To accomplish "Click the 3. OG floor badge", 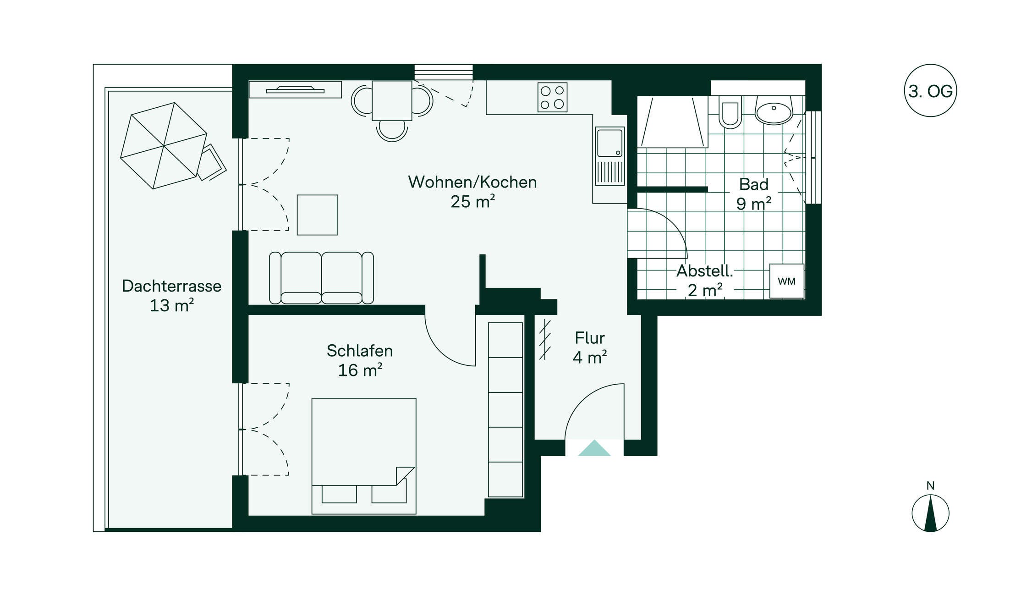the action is tap(930, 91).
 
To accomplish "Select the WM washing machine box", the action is tap(786, 281).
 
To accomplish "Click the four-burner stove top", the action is tap(552, 97).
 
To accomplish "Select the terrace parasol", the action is tap(164, 146).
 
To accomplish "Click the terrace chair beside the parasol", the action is tap(211, 163).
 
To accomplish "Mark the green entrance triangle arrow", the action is tap(594, 448).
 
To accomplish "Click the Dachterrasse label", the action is tap(172, 286).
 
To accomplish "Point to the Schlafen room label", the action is tap(360, 351).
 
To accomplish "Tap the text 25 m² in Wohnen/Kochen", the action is tap(472, 201).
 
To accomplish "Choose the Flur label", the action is tap(590, 338).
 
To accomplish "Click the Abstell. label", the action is tap(705, 271).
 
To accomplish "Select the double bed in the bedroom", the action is tap(364, 456).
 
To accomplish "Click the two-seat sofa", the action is tap(321, 278).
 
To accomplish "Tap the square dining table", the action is tap(392, 100).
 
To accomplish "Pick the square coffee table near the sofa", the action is tap(317, 215).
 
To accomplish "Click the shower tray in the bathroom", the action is tap(673, 122).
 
